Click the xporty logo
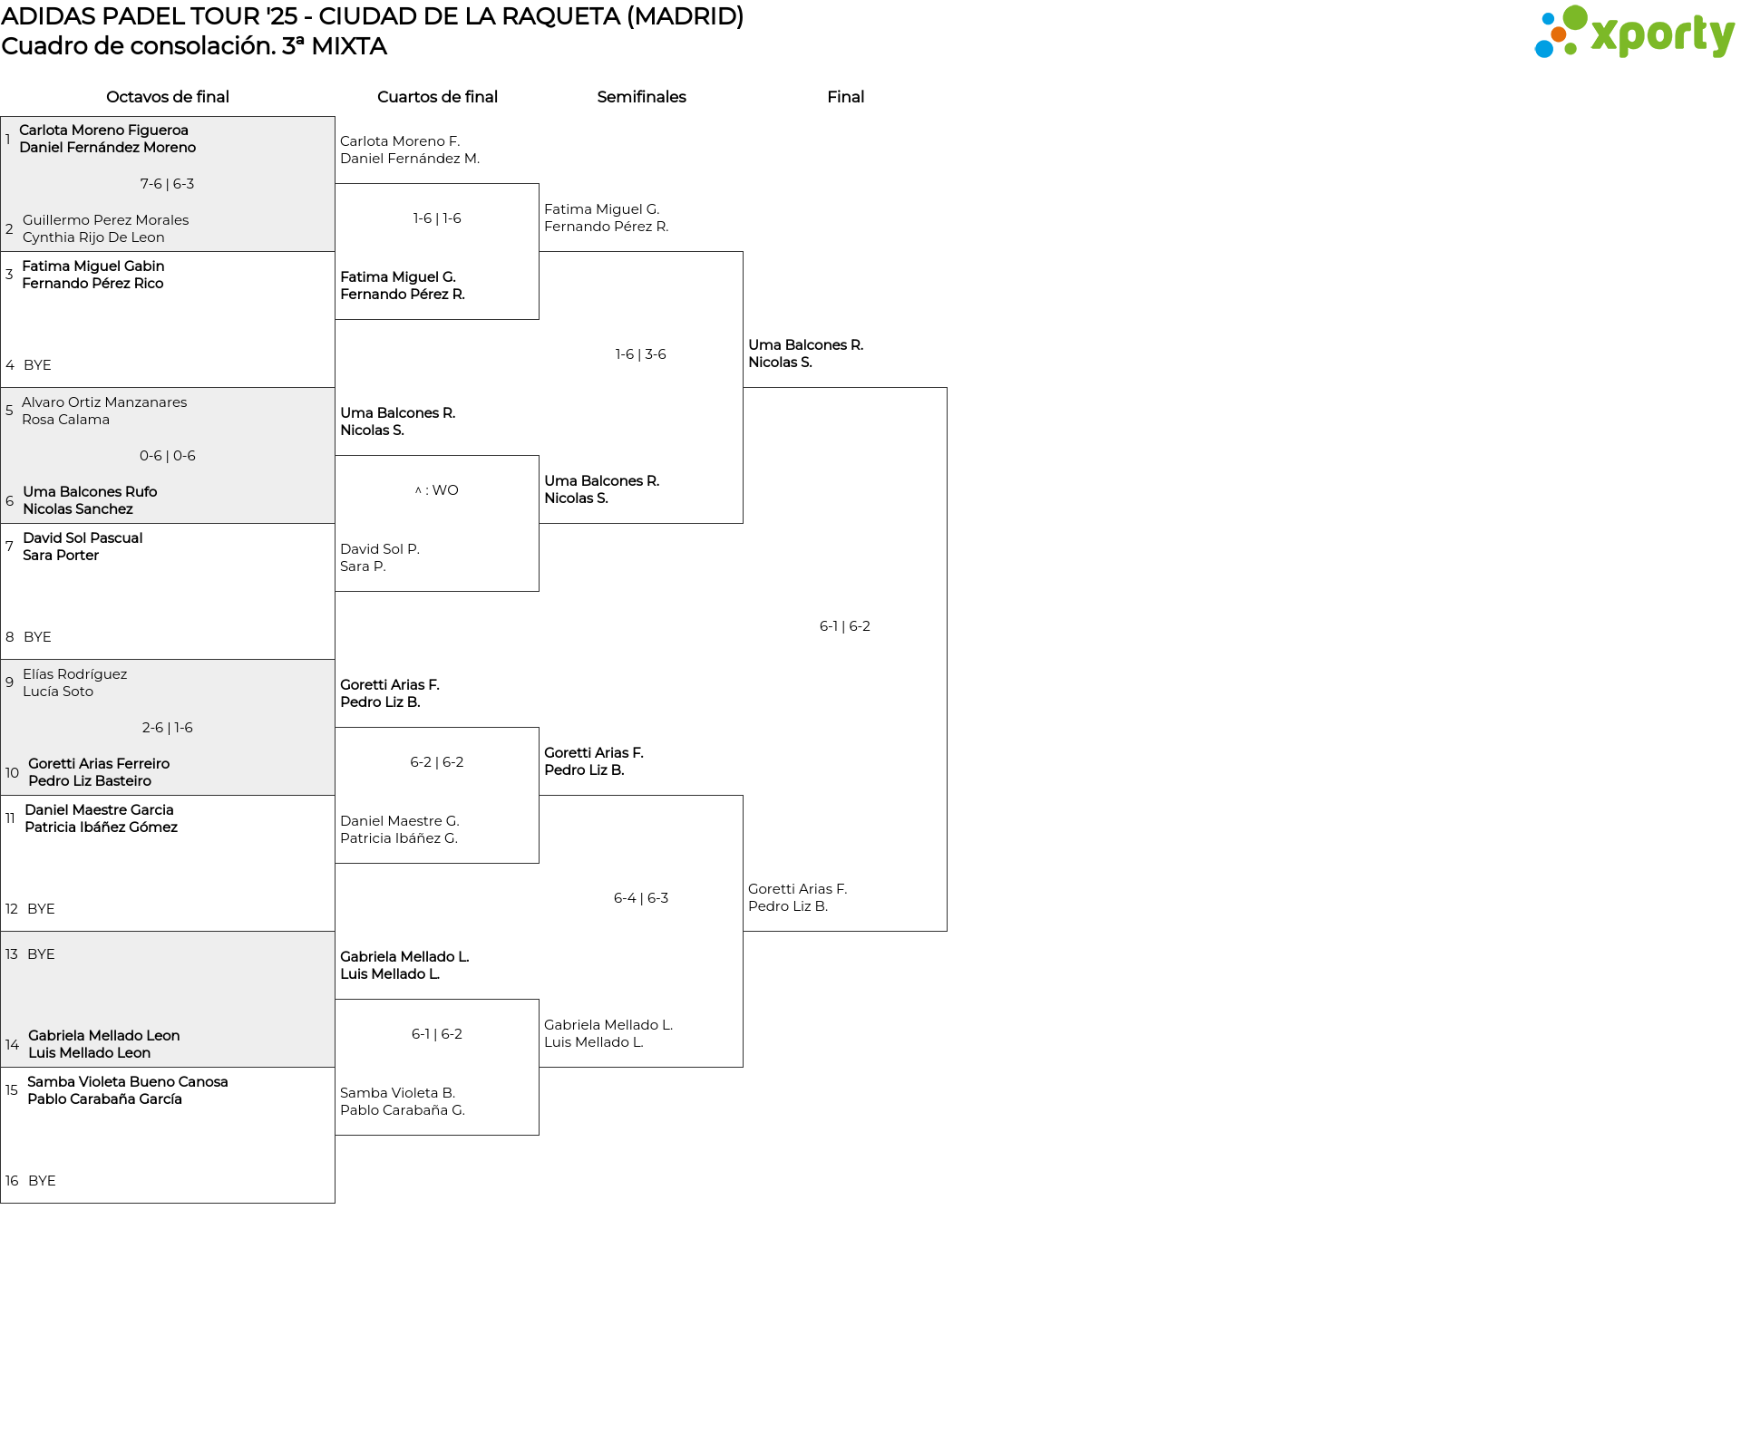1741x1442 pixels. (x=1634, y=32)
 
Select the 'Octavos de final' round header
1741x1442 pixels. (x=168, y=97)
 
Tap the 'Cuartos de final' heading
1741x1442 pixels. (x=437, y=97)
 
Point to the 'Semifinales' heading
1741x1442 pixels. (x=641, y=97)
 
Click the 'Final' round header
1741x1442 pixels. (x=845, y=97)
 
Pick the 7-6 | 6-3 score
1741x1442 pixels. (x=167, y=184)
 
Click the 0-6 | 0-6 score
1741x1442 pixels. (x=168, y=456)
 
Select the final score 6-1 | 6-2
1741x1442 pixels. (x=845, y=626)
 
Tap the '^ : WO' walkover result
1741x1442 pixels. (x=437, y=490)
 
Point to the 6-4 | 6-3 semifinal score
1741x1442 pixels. (x=641, y=898)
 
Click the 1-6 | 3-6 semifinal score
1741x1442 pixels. (x=641, y=354)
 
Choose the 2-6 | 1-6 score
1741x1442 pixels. (x=168, y=728)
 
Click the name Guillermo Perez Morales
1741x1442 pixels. (x=106, y=220)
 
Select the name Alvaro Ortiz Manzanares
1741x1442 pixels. (x=104, y=402)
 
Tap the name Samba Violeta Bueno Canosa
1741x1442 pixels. (x=128, y=1082)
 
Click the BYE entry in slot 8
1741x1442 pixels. (x=37, y=637)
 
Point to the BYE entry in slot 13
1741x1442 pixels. (x=41, y=954)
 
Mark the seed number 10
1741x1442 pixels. (x=12, y=773)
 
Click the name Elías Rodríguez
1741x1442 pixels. (x=75, y=674)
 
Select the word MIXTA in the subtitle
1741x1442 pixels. (x=349, y=46)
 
